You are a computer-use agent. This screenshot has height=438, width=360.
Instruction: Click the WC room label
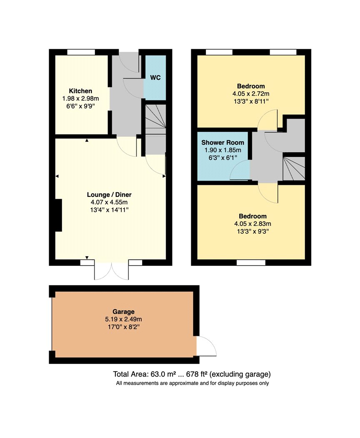(x=155, y=77)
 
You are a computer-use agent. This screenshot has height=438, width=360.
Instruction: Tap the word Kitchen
(x=80, y=91)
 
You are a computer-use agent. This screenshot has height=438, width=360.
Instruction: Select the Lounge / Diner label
(x=109, y=195)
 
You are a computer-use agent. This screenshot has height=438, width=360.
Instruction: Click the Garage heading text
(x=123, y=312)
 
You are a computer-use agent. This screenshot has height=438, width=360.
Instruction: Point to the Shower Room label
(x=222, y=143)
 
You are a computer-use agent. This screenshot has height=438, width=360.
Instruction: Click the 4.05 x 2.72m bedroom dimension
(x=251, y=94)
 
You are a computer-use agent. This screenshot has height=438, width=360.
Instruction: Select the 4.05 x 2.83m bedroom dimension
(x=252, y=224)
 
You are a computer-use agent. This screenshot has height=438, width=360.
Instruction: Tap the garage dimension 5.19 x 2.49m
(x=123, y=319)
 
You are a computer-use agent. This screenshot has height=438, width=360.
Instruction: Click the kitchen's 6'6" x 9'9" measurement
(x=80, y=106)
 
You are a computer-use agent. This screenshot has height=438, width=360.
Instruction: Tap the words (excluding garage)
(x=240, y=374)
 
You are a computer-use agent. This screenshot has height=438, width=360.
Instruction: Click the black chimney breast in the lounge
(x=58, y=215)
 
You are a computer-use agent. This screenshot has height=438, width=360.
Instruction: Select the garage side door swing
(x=206, y=346)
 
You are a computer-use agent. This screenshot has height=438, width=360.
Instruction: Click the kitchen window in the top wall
(x=81, y=52)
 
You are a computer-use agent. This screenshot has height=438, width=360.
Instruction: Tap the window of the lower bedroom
(x=251, y=262)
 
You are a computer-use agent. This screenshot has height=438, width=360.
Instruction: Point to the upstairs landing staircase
(x=294, y=169)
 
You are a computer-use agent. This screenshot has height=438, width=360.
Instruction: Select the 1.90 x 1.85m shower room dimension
(x=222, y=150)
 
